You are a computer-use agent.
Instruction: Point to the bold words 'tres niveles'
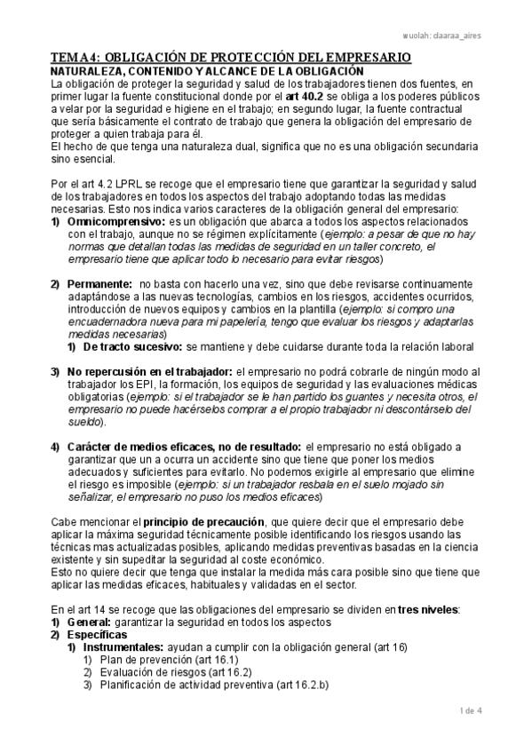click(x=430, y=609)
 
